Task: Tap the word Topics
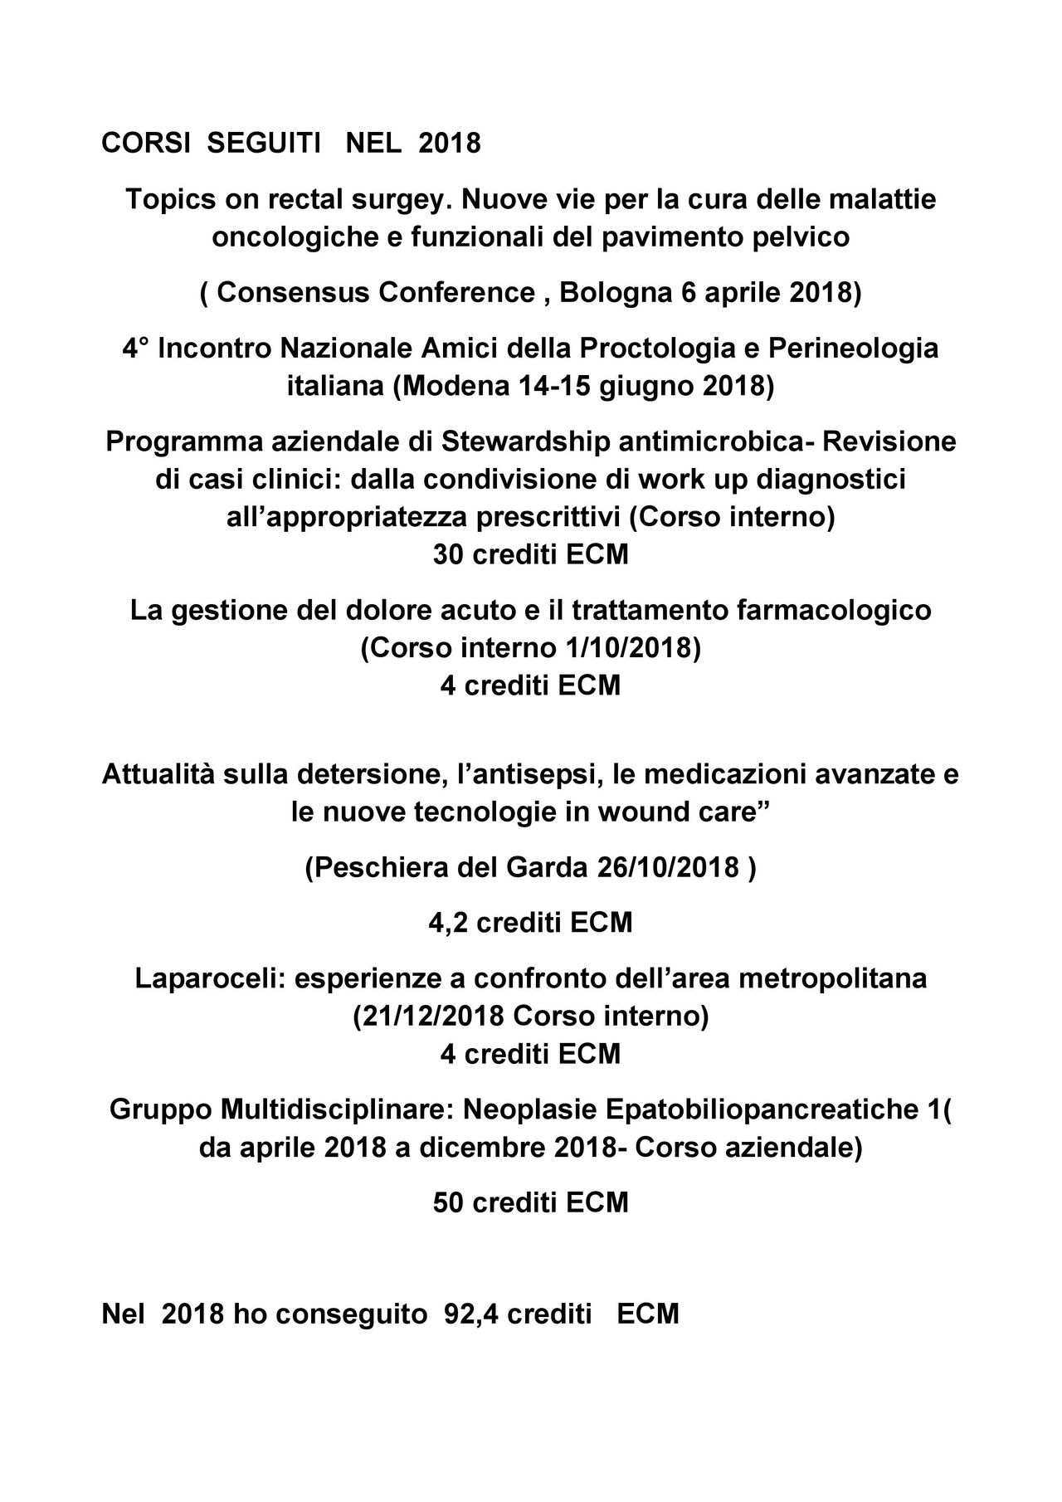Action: point(167,200)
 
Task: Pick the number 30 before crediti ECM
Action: point(449,554)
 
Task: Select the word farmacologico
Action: point(833,610)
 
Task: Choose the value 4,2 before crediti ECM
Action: point(449,923)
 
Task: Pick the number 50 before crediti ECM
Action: point(449,1202)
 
